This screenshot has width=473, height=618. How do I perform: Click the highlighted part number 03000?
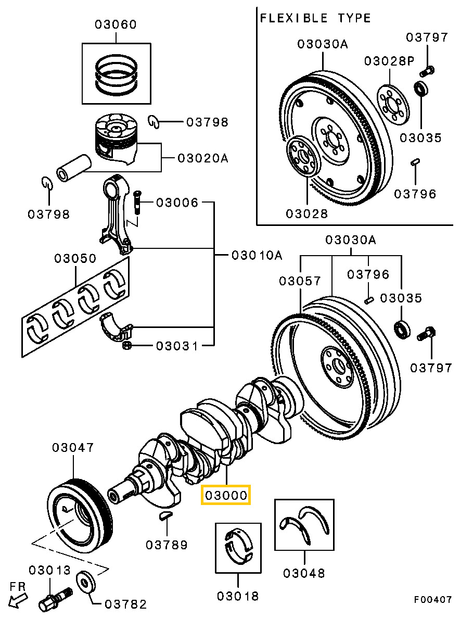226,495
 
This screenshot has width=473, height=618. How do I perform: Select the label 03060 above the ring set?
116,24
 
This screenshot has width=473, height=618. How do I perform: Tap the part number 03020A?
203,157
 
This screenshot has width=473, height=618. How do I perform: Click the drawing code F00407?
433,600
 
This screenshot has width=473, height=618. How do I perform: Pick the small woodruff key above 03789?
165,515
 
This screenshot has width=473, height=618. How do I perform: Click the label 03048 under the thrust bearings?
304,574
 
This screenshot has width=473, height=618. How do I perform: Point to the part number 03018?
238,596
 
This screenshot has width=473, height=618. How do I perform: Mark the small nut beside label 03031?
126,345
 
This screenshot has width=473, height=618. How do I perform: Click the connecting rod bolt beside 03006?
137,201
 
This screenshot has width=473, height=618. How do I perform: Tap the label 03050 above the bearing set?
75,259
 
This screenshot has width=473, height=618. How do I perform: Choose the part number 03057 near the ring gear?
300,281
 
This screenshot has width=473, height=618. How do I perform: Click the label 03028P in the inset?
389,61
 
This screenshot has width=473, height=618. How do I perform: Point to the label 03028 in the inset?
306,213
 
